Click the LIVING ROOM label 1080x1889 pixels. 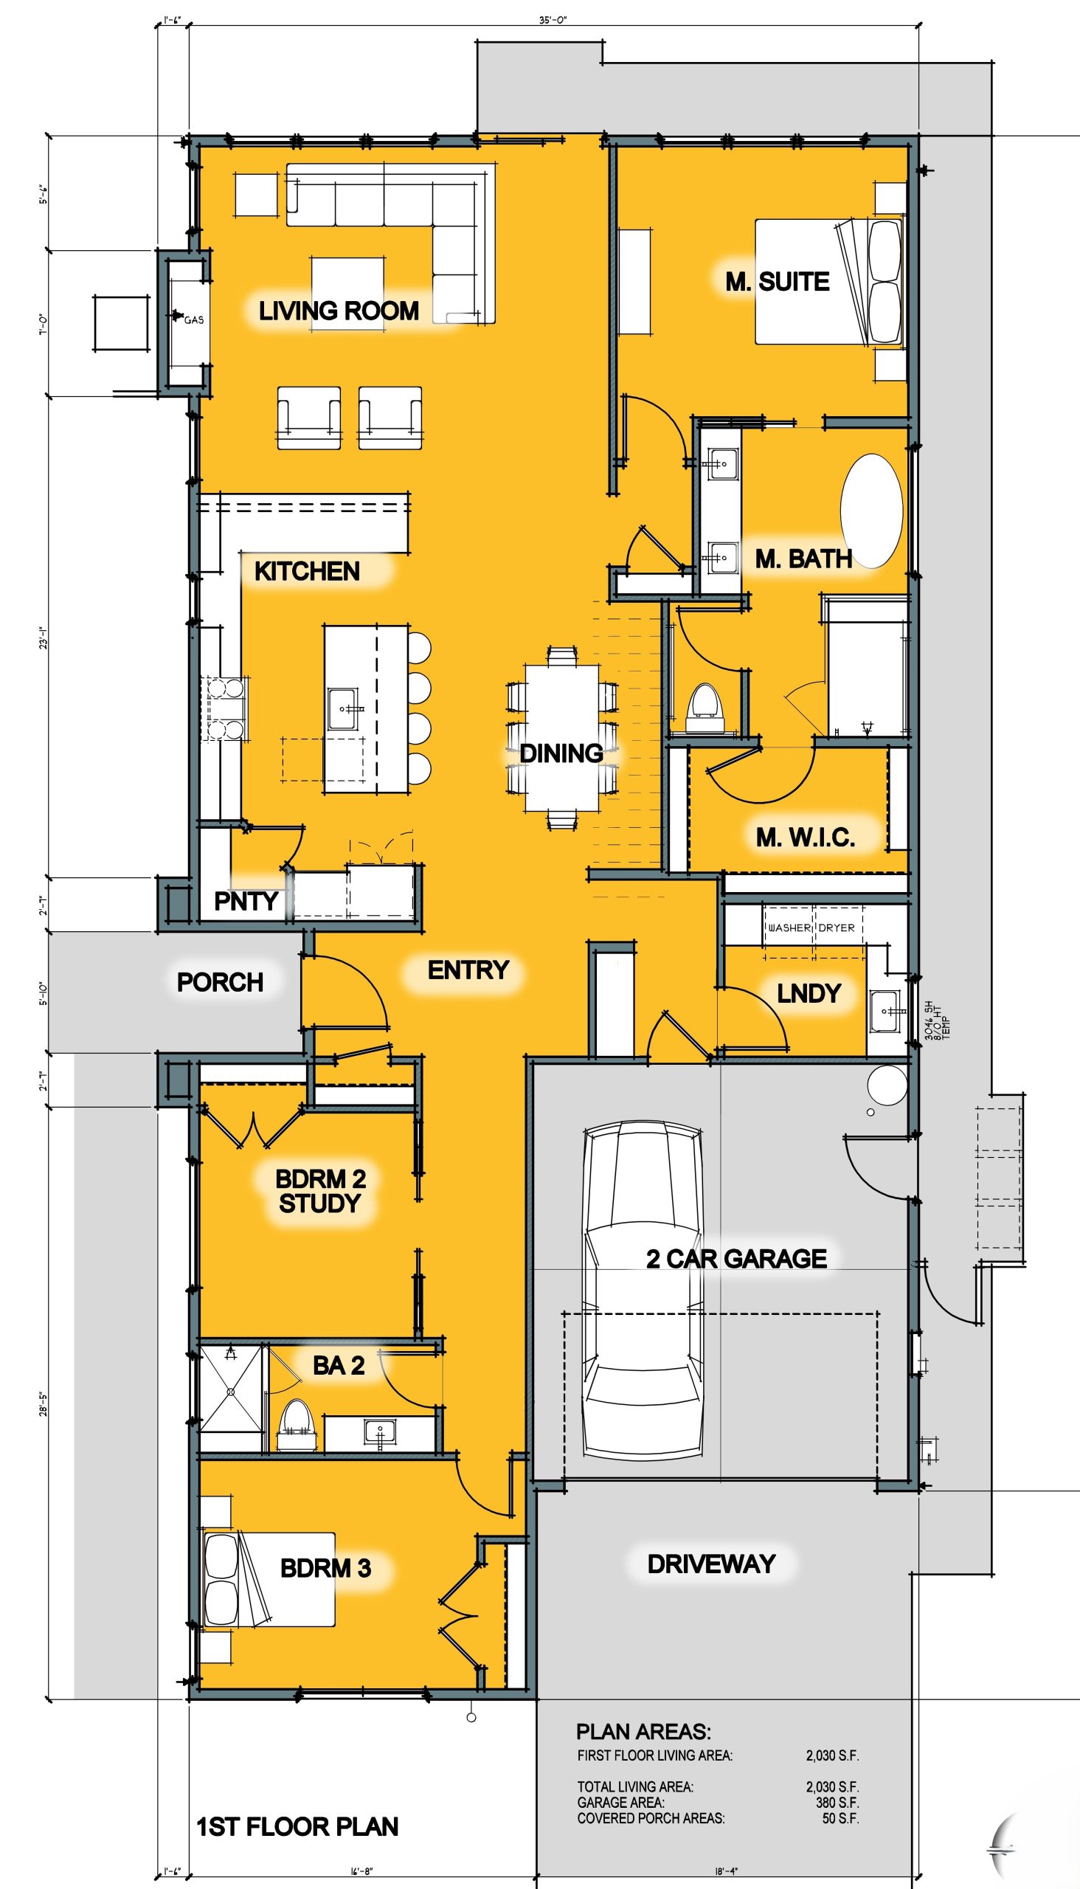[x=339, y=310]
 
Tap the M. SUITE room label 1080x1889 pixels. [x=778, y=281]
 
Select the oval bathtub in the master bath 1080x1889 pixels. [x=871, y=511]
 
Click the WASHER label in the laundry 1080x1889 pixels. [x=789, y=928]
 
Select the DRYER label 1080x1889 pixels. [x=837, y=928]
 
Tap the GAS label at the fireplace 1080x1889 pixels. [x=193, y=320]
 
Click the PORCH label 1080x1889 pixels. [x=221, y=982]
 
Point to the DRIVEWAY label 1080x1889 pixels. [x=711, y=1564]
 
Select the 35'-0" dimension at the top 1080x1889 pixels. [x=553, y=20]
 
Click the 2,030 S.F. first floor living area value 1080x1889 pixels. [x=832, y=1755]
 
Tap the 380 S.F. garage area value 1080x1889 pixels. [x=837, y=1802]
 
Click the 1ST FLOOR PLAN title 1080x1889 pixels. [x=297, y=1827]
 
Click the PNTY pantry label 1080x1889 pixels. [x=246, y=901]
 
